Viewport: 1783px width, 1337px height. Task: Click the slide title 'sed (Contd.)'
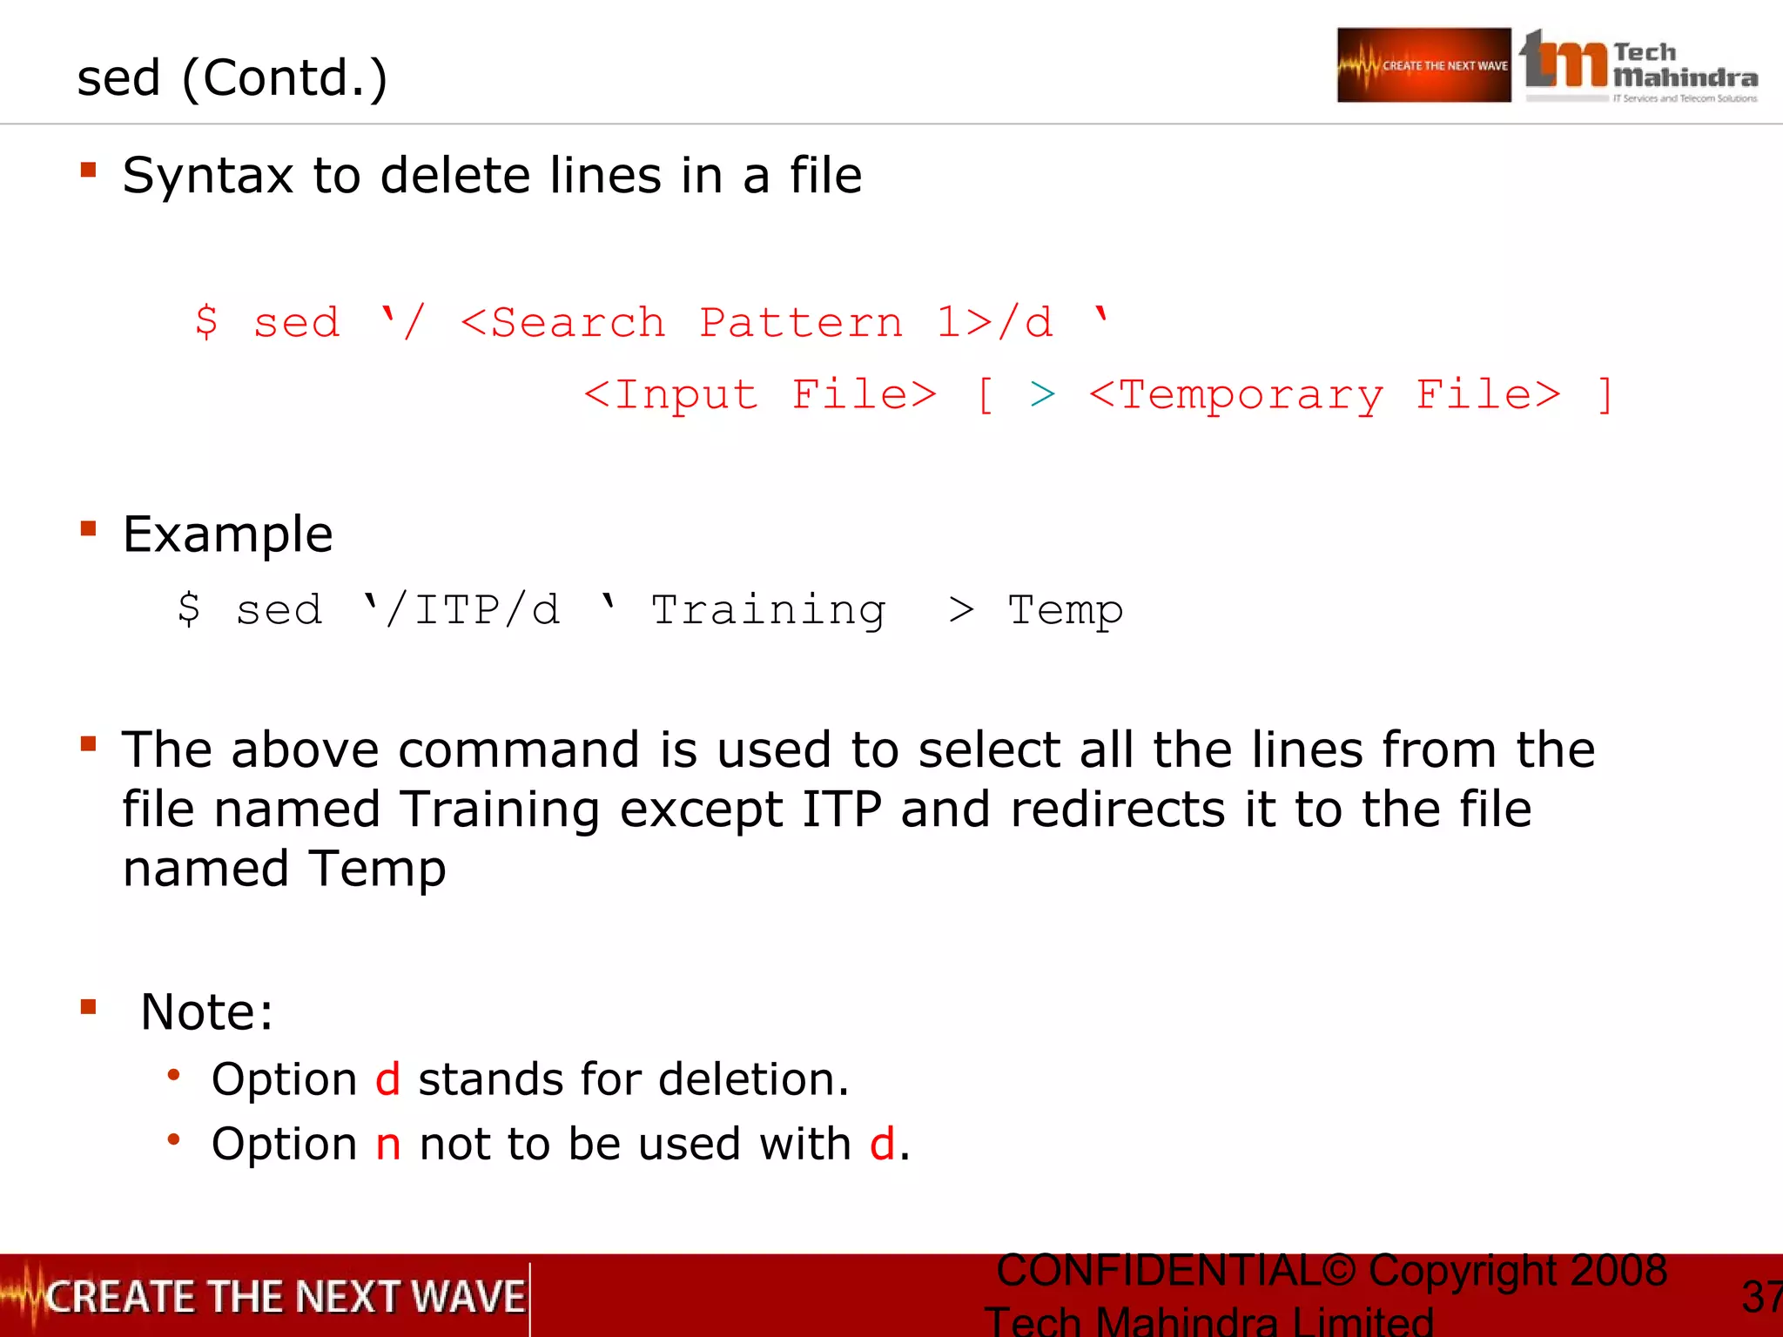tap(232, 78)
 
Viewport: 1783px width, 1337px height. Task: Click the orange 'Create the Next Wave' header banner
tap(1423, 65)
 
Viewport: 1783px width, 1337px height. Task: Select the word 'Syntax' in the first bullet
tap(207, 176)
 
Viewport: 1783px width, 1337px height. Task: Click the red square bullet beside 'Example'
tap(88, 528)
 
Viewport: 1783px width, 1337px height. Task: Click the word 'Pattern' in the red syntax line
tap(801, 324)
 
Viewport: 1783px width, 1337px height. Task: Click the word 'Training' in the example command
tap(768, 610)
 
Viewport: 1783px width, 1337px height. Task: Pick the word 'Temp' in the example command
tap(1065, 610)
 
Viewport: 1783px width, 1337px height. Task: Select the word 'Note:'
tap(207, 1012)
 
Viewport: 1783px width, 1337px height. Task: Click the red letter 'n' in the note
tap(388, 1145)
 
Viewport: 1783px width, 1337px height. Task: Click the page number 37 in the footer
tap(1760, 1297)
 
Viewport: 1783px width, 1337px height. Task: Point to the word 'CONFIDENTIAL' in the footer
tap(1158, 1271)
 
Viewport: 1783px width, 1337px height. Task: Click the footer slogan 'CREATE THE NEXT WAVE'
tap(286, 1297)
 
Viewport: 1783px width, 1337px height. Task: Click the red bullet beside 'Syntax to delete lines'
tap(88, 170)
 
